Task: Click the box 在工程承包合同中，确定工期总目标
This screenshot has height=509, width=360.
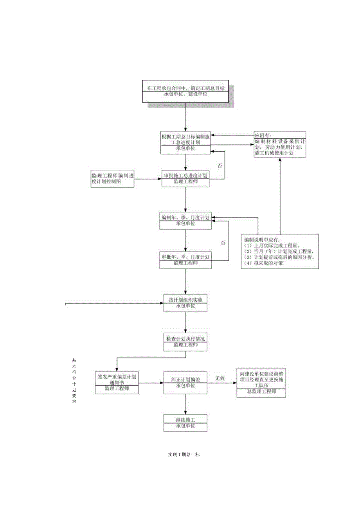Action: click(x=185, y=92)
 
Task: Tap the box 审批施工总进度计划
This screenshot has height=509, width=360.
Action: click(x=186, y=178)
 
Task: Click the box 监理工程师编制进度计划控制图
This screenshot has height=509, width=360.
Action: click(x=112, y=178)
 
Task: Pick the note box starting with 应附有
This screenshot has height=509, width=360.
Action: click(x=279, y=144)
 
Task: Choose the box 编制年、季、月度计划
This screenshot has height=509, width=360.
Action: click(x=185, y=221)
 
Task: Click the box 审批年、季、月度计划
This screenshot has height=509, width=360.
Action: click(x=185, y=260)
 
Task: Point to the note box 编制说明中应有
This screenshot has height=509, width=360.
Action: click(x=280, y=251)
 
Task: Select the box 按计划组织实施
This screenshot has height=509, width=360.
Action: click(x=185, y=303)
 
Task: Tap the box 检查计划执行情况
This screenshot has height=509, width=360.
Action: click(x=185, y=342)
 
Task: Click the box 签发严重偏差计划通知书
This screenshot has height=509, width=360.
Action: click(x=117, y=383)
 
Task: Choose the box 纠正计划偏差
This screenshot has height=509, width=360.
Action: click(x=185, y=382)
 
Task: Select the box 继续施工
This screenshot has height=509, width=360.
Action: click(x=185, y=423)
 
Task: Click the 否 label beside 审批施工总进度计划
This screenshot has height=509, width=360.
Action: click(x=220, y=165)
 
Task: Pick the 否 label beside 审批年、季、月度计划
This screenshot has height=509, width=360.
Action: click(x=223, y=243)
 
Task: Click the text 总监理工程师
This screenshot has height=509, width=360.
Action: click(x=261, y=392)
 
